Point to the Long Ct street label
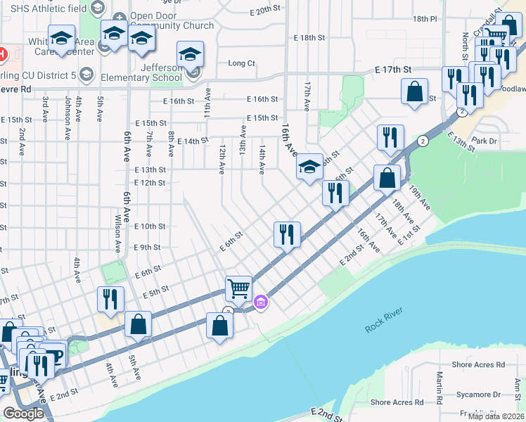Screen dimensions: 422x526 pos(241,63)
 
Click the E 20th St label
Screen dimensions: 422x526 pos(269,11)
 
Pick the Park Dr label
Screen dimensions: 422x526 pos(485,141)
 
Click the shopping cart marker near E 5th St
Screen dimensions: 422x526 pos(238,288)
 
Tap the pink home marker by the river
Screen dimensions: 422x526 pos(261,302)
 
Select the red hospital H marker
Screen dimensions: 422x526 pos(2,53)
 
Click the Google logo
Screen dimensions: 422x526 pos(23,414)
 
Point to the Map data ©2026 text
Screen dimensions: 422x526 pos(496,416)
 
